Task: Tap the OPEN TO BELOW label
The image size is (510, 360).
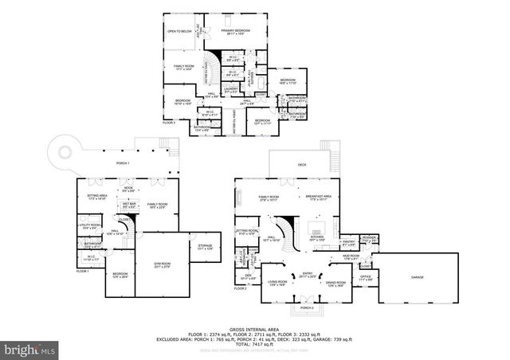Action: (179, 31)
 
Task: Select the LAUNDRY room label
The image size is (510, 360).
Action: (231, 89)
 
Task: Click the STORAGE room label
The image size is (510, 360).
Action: (205, 246)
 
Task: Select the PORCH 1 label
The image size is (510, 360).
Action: (121, 162)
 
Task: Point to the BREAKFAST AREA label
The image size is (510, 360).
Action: (318, 198)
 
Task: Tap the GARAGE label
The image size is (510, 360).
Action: (418, 276)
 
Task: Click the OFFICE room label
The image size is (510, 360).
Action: (364, 277)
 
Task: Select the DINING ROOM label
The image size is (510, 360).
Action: (335, 282)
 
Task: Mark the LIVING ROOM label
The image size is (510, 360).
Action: (277, 282)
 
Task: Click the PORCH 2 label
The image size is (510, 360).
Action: (307, 307)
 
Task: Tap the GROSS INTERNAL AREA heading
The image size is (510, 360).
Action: (254, 329)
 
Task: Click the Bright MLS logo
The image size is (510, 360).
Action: (29, 348)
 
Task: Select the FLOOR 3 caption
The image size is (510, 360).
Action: (168, 122)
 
